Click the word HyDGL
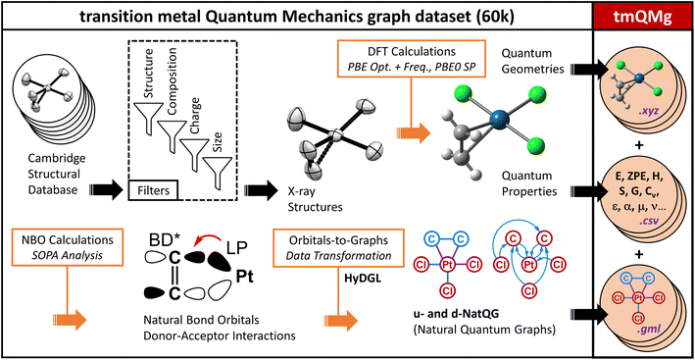pos(357,279)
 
